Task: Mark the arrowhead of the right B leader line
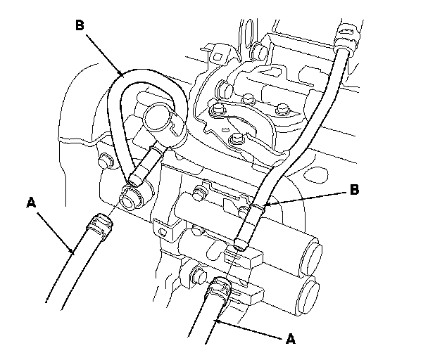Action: (263, 205)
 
